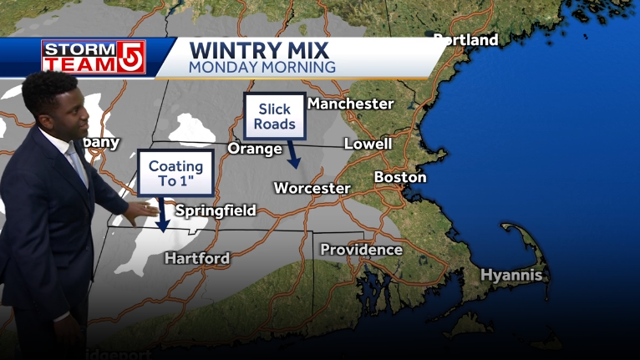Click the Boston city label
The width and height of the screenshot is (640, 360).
click(x=399, y=177)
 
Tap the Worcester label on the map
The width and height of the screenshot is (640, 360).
click(x=312, y=188)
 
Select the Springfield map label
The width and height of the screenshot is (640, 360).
click(x=216, y=210)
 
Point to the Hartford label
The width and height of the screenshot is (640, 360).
click(x=196, y=258)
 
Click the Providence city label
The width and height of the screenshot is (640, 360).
click(x=361, y=250)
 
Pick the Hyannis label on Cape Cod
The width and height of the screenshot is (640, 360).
click(x=511, y=275)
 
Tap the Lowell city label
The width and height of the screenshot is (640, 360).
click(x=368, y=144)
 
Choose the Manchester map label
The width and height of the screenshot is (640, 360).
click(x=350, y=104)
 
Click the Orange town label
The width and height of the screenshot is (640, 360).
click(x=255, y=149)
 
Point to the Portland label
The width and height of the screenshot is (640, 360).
click(x=465, y=40)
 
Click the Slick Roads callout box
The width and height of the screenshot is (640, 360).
click(x=276, y=116)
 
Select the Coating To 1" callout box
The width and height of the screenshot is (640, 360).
click(x=176, y=173)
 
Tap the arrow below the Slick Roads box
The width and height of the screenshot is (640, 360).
click(x=292, y=155)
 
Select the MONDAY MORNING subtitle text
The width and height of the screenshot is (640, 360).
click(x=262, y=66)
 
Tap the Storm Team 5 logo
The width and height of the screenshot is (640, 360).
click(x=94, y=57)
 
